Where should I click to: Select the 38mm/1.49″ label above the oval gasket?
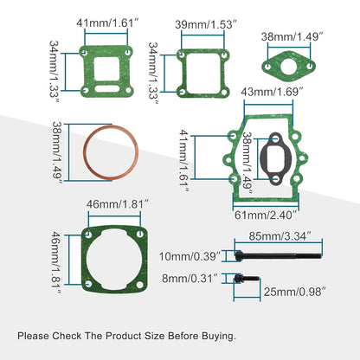point(292,37)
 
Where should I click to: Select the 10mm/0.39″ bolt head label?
point(190,254)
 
